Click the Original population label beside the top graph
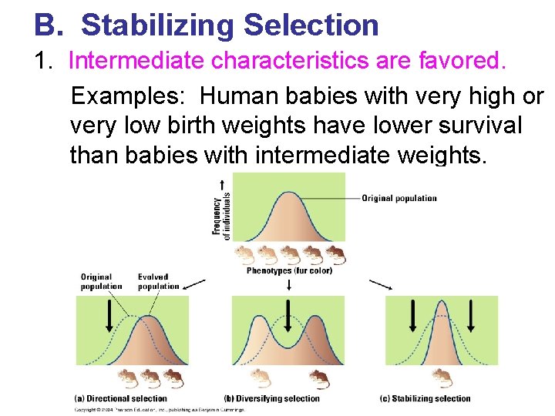point(399,198)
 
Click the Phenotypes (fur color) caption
point(289,270)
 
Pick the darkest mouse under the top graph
point(336,255)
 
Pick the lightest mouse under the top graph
point(244,255)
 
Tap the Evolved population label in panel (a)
point(158,281)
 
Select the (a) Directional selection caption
point(121,398)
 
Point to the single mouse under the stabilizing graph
point(442,377)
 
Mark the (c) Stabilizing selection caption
point(425,398)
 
